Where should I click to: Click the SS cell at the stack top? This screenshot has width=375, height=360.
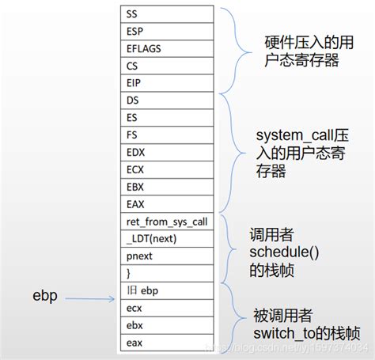167,13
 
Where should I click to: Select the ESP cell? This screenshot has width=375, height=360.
167,30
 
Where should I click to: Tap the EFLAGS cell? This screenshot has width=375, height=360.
167,47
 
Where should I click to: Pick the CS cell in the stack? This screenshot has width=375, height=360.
167,65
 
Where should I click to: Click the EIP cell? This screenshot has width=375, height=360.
167,82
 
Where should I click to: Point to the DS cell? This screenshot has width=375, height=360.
167,100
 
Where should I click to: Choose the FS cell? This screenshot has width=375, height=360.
167,134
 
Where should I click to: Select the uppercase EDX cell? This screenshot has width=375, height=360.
167,151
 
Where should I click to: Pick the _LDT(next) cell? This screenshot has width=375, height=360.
167,237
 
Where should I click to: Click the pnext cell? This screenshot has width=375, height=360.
167,255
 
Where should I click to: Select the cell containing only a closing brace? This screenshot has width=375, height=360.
167,272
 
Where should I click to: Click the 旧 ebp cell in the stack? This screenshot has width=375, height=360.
167,290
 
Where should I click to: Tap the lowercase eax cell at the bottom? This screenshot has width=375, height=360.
167,343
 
